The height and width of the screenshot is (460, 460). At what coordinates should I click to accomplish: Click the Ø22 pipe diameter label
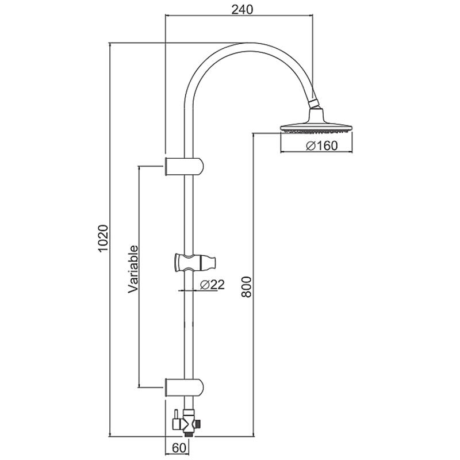pos(208,284)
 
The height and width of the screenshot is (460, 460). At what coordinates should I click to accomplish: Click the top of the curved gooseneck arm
pos(241,43)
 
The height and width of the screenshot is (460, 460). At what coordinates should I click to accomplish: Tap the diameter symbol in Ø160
pos(309,146)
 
